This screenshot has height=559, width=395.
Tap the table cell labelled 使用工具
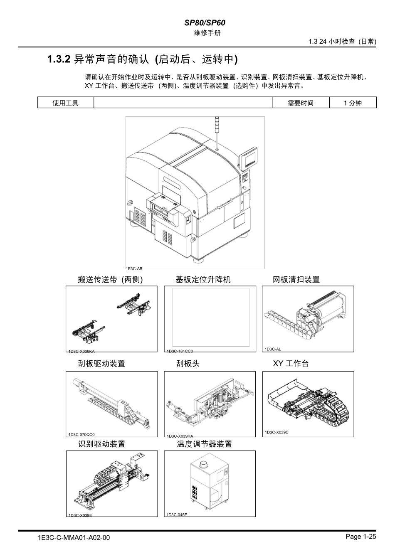tap(65, 103)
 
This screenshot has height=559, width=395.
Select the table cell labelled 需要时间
tap(300, 103)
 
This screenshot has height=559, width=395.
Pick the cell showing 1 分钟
tap(352, 103)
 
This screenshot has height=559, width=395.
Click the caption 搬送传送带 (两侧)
tap(110, 280)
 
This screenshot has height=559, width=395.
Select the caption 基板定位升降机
tap(203, 280)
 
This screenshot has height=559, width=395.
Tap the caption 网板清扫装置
tap(296, 280)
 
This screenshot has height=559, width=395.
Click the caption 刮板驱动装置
tap(101, 364)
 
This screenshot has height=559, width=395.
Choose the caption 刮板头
tap(188, 364)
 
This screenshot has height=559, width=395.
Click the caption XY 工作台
tap(291, 364)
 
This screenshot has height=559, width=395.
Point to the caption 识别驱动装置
tap(101, 444)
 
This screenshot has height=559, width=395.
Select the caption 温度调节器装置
tap(204, 444)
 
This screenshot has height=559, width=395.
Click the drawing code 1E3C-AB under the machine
tap(134, 269)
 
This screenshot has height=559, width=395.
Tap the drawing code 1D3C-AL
tap(273, 349)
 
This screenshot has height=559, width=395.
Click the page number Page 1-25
tap(360, 537)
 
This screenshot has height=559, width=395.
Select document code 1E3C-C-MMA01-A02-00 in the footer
tap(74, 538)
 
